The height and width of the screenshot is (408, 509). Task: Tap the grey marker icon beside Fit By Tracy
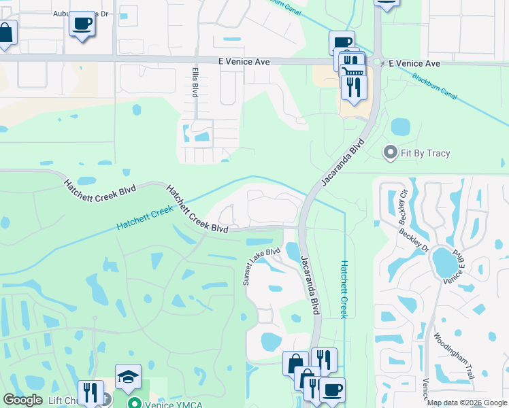391,152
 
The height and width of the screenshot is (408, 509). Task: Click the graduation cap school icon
127,376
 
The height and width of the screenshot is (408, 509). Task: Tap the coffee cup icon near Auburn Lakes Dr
82,23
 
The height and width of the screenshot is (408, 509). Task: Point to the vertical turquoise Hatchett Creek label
344,289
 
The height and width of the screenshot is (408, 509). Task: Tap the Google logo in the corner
22,400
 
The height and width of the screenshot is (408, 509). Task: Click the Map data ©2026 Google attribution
467,403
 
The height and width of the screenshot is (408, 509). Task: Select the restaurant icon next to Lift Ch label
90,392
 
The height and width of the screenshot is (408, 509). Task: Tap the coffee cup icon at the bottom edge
331,390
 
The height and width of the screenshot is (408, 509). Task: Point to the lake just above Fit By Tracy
401,126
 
